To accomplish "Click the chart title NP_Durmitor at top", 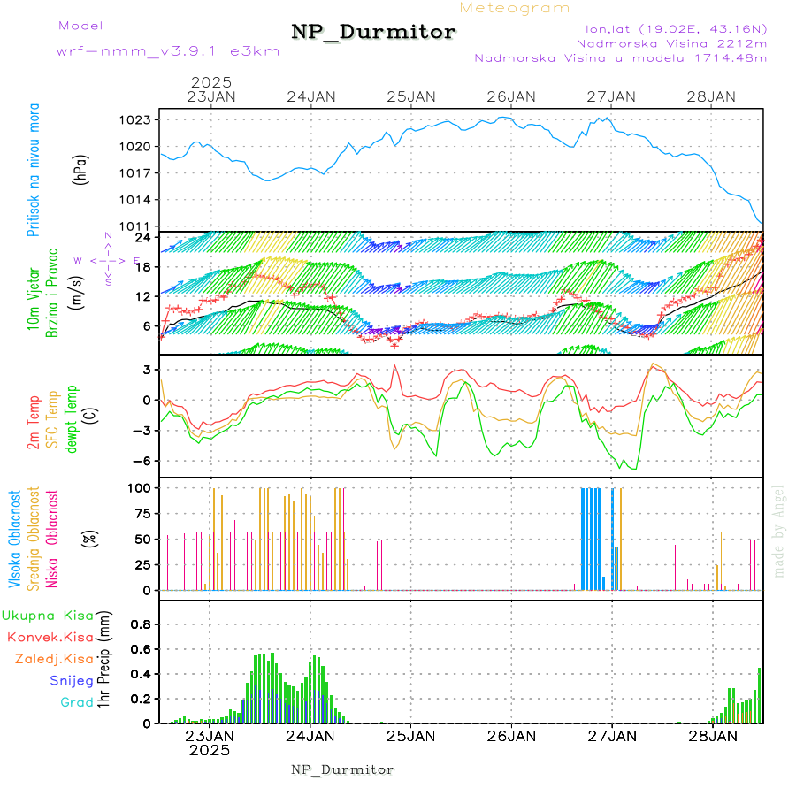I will click(373, 33).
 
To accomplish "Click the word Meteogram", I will click(515, 8).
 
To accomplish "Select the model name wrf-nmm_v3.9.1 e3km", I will click(168, 51).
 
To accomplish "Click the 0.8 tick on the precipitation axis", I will click(142, 624).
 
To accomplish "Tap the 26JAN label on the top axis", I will click(511, 96).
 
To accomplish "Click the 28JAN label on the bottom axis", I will click(713, 735).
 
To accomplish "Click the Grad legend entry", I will click(76, 703).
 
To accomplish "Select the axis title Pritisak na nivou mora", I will click(34, 170).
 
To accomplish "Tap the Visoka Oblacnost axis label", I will click(14, 540).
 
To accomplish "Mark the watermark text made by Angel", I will click(779, 531).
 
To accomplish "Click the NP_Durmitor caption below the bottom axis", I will click(342, 769).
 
